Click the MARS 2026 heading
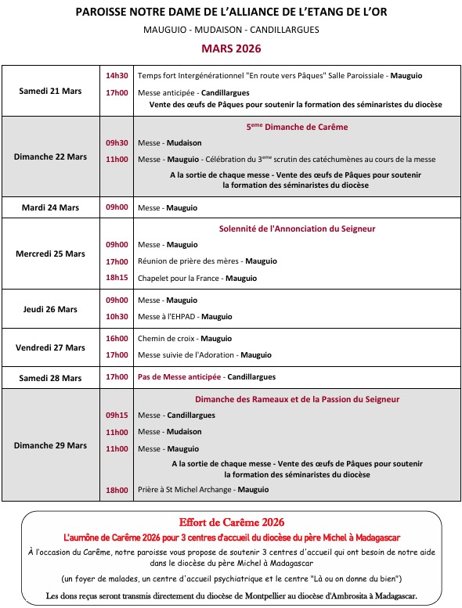point(230,48)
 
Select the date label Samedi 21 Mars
point(50,91)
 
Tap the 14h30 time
point(117,76)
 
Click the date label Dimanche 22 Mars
point(50,156)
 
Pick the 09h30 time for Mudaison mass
point(117,143)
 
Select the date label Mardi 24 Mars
point(50,207)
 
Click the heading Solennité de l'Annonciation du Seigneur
point(298,228)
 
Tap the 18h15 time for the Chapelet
point(117,278)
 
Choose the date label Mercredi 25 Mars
point(50,254)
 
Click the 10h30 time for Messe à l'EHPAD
point(117,317)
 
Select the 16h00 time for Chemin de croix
point(117,339)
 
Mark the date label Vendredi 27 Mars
point(50,347)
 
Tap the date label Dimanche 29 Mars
point(50,445)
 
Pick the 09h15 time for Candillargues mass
point(117,416)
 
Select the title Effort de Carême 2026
point(230,522)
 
